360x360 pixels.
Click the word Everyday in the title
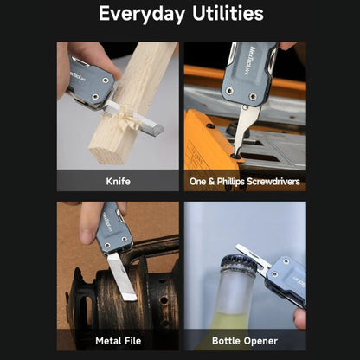[142, 14]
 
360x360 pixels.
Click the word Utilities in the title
[228, 13]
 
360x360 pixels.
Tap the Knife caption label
[118, 182]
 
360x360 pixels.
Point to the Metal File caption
[119, 341]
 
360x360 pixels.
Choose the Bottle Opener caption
[245, 341]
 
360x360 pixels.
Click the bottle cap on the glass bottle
[238, 263]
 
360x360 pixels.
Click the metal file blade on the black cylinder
[122, 276]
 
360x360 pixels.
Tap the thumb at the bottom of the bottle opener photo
[299, 318]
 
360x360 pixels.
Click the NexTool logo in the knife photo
[78, 75]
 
